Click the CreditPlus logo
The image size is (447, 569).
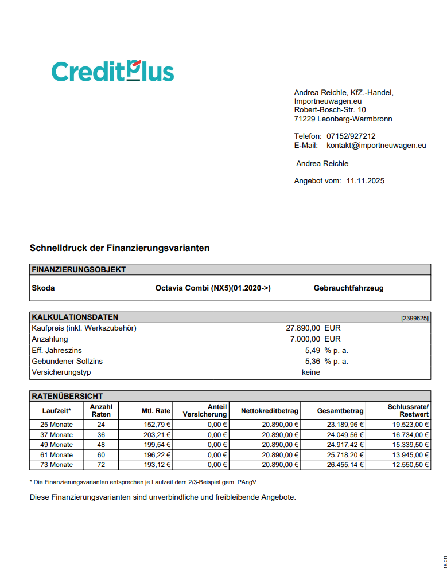(112, 70)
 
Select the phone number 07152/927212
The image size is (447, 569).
(351, 136)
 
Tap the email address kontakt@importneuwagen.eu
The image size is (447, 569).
(376, 146)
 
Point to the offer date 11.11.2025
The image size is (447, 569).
(366, 181)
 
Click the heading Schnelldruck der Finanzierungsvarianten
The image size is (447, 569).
(119, 248)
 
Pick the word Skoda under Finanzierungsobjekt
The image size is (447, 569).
(44, 288)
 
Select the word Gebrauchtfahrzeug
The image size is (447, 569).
(348, 288)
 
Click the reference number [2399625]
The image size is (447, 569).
(414, 317)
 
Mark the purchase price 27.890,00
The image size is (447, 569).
(303, 328)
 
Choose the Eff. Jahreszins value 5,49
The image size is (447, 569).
(312, 350)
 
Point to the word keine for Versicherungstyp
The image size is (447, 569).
(311, 372)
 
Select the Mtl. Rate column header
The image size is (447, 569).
(156, 411)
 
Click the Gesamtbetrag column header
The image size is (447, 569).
(340, 411)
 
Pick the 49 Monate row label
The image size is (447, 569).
(57, 445)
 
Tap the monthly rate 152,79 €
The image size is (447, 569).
(156, 425)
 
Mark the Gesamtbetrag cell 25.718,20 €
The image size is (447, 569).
(345, 454)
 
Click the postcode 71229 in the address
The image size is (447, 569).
(304, 119)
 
